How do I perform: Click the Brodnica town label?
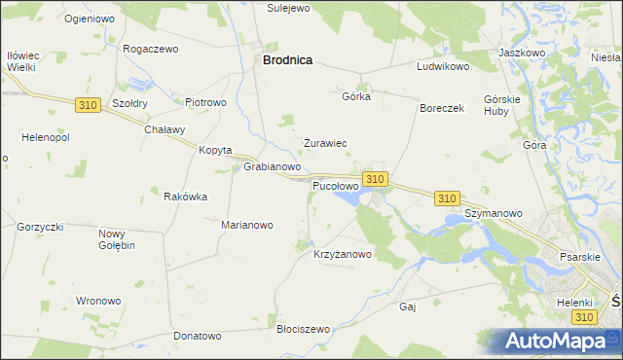tap(287, 59)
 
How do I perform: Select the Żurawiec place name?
tap(325, 143)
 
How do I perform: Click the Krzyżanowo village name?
tap(343, 255)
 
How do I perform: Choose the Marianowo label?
tap(247, 225)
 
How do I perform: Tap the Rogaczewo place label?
tap(152, 48)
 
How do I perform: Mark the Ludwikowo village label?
tap(443, 67)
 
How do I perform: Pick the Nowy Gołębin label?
tap(117, 239)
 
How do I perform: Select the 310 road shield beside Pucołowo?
tap(376, 179)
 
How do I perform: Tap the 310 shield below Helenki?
tap(583, 318)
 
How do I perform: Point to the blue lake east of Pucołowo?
tap(348, 198)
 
